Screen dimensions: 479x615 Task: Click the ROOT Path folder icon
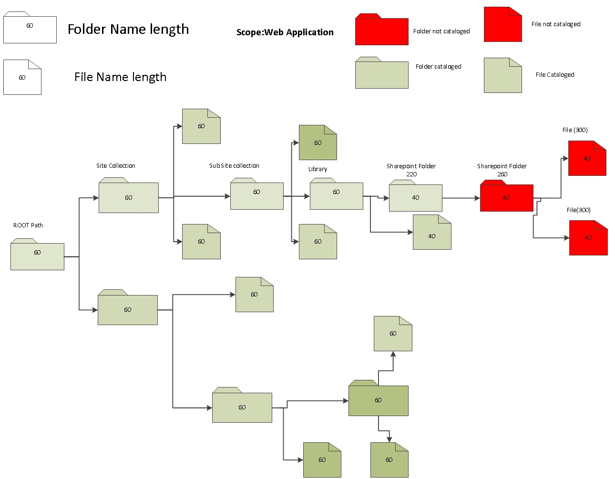37,255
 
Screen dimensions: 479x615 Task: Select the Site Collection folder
128,196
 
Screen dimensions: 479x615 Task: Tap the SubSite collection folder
256,194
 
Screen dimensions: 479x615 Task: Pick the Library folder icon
336,194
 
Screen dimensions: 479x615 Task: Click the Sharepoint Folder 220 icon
415,196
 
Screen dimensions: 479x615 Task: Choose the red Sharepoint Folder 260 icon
506,197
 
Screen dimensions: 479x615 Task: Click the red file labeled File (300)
587,159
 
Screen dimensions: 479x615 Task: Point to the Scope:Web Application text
285,32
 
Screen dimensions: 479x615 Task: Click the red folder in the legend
381,31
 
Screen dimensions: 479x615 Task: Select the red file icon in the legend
502,25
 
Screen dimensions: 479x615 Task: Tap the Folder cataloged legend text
438,67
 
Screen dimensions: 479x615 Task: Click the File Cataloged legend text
554,75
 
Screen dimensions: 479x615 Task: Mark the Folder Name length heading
128,30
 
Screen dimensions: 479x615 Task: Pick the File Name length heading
120,77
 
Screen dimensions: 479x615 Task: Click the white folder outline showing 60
30,29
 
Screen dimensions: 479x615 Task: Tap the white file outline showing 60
22,78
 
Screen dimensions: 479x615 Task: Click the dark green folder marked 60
378,399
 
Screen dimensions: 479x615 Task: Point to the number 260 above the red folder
502,174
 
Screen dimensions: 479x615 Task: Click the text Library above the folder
318,169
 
